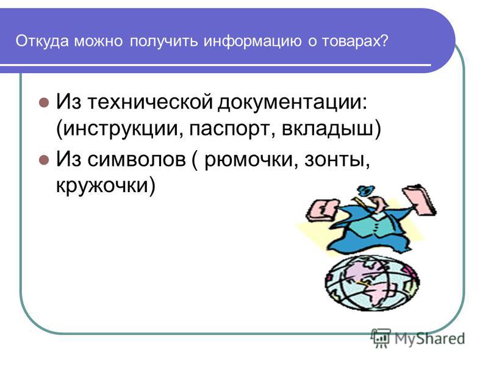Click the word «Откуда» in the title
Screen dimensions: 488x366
[x=41, y=41]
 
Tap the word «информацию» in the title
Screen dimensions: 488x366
[x=253, y=41]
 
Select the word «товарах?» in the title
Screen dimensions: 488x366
[x=355, y=41]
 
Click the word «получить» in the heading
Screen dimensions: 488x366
[x=163, y=41]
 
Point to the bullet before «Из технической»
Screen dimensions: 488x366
[x=44, y=102]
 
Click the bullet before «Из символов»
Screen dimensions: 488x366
[x=44, y=160]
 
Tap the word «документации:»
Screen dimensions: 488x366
[x=292, y=102]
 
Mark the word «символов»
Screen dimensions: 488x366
[x=136, y=159]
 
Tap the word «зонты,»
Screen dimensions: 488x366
[x=337, y=160]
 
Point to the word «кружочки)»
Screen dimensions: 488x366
[x=106, y=185]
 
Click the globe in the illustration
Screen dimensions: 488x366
[x=372, y=283]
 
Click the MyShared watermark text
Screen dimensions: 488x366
[x=430, y=339]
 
